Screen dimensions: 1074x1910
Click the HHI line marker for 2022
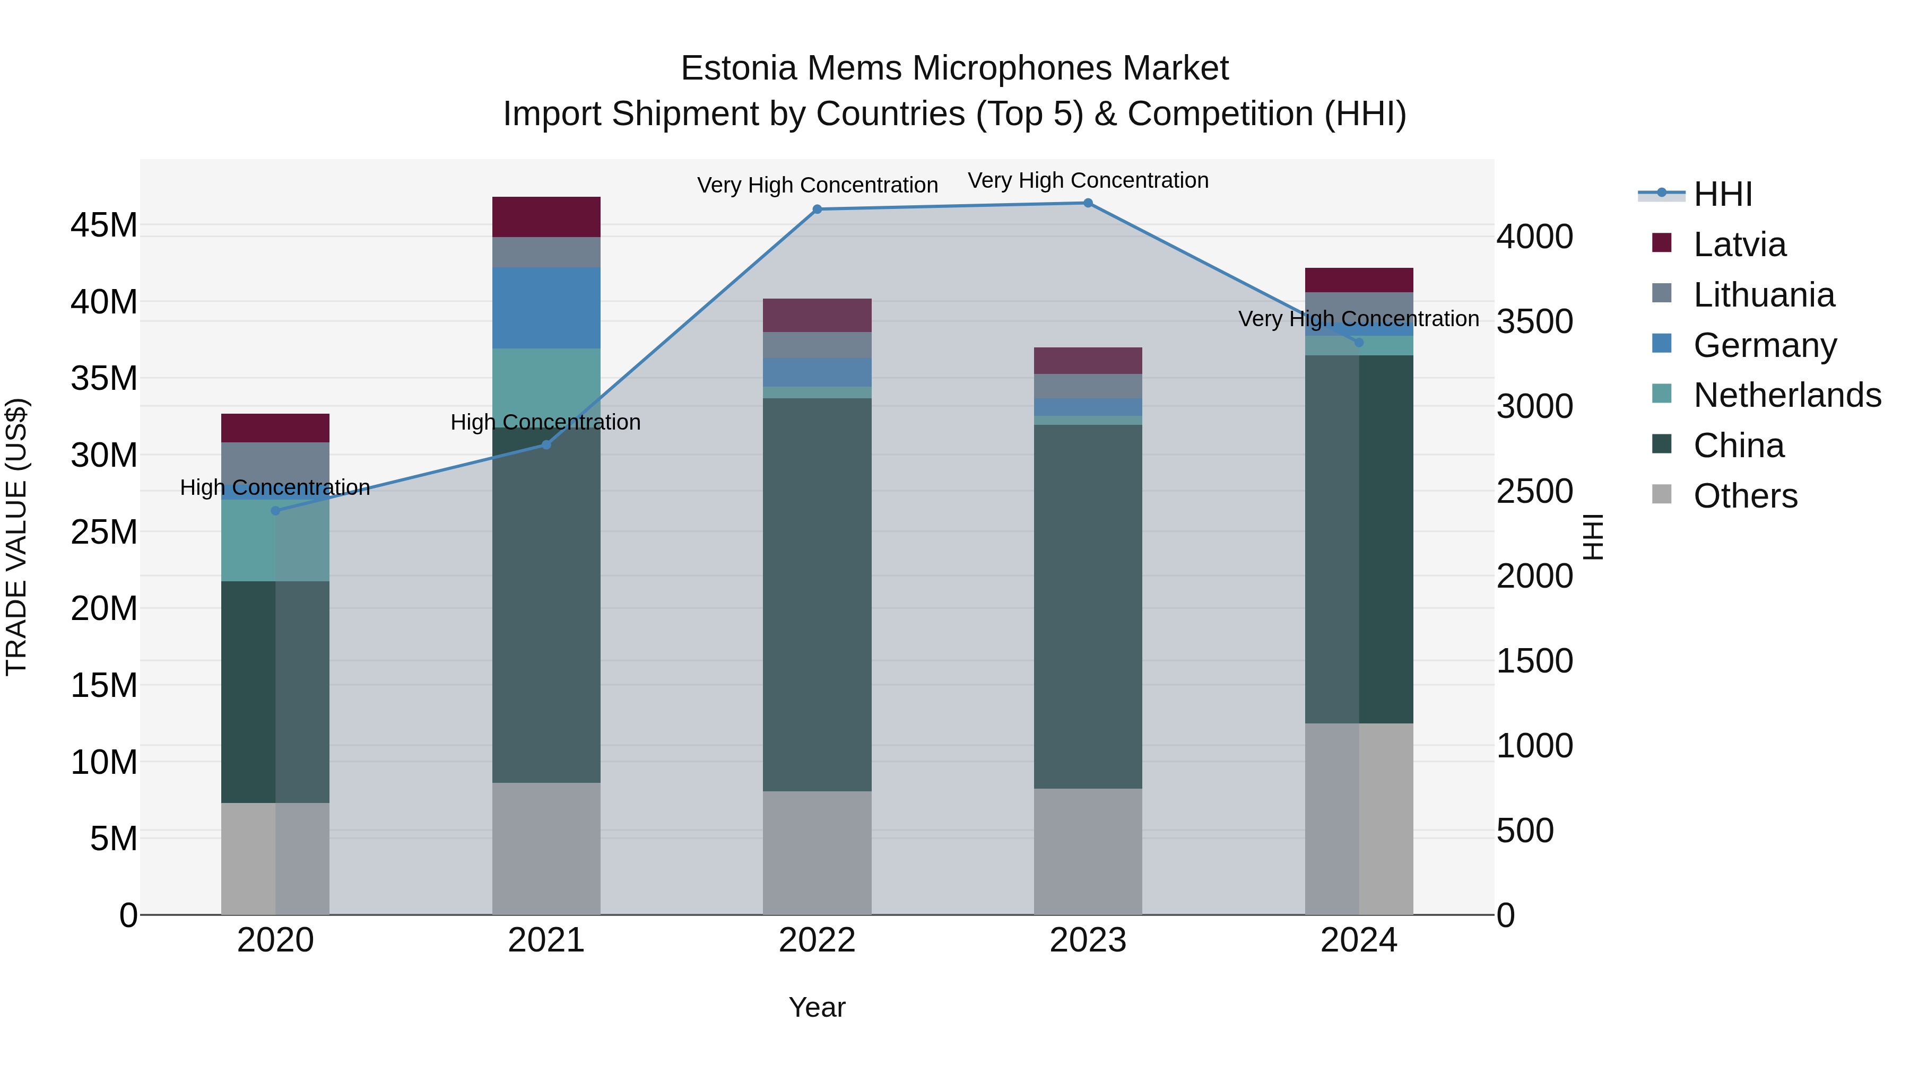[x=817, y=209]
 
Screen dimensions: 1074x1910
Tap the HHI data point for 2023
[x=1088, y=203]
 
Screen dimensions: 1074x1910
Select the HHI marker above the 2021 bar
[x=546, y=445]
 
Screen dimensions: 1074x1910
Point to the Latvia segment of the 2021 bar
[x=546, y=216]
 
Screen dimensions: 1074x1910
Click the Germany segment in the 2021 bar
[x=546, y=308]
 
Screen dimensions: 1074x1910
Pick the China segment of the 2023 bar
[x=1088, y=606]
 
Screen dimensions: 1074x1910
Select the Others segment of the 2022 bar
[x=817, y=852]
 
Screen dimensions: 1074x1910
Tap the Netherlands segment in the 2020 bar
[x=275, y=541]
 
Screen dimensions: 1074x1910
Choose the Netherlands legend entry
[x=1787, y=395]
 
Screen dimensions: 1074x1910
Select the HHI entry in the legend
[x=1722, y=194]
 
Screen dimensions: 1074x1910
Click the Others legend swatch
[x=1662, y=494]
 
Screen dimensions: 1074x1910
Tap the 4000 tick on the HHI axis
[x=1534, y=237]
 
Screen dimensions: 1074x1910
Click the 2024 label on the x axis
[x=1358, y=940]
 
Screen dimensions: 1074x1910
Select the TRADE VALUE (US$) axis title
[x=17, y=537]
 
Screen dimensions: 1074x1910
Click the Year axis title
[x=817, y=1007]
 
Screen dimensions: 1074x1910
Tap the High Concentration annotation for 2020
[x=275, y=488]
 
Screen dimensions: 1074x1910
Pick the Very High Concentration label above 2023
[x=1088, y=181]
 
